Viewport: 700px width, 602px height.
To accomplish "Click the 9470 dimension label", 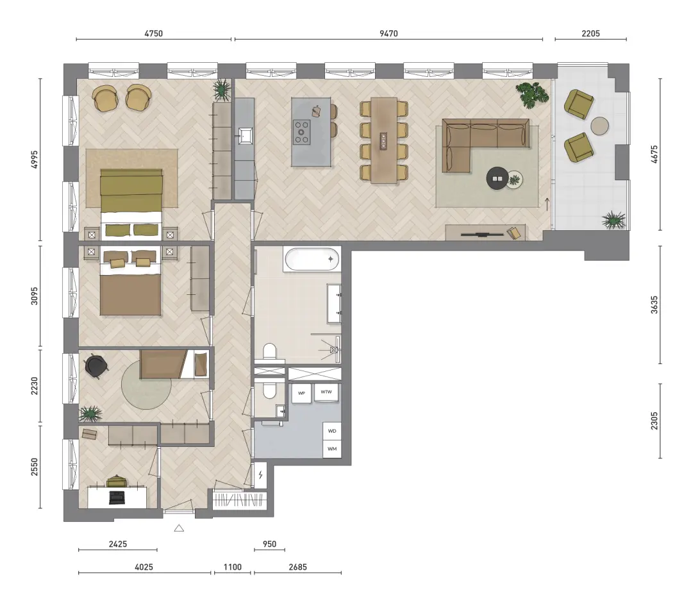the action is (388, 33).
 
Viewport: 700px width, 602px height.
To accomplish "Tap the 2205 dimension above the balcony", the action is (590, 33).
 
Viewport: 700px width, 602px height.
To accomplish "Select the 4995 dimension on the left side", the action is (35, 160).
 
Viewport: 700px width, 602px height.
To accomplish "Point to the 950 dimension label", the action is (269, 544).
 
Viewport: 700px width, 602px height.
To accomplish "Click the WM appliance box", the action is (332, 449).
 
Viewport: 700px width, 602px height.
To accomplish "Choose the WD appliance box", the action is (332, 431).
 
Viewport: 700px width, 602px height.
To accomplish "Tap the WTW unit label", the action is (326, 392).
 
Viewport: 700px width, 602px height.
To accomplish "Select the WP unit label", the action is (301, 393).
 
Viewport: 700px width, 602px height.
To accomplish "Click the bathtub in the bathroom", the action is (312, 259).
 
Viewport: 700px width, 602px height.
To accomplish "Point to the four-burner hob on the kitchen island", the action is (302, 131).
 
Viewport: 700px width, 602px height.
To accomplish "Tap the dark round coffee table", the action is (497, 178).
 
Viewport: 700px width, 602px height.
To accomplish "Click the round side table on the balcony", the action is (599, 126).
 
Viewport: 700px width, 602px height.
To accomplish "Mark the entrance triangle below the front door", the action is (179, 528).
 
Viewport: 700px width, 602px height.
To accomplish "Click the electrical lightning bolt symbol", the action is (261, 475).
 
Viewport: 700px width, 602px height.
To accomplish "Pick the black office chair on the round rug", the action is (96, 366).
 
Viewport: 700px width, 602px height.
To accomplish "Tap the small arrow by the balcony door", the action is (548, 203).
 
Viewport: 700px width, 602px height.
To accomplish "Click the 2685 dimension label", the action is (298, 567).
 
